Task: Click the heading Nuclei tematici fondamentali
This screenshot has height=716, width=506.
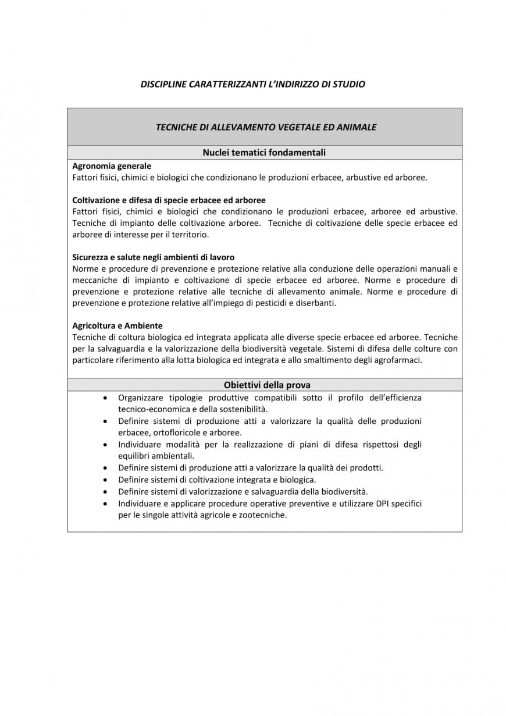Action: click(x=264, y=153)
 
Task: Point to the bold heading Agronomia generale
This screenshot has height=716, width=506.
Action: click(x=112, y=166)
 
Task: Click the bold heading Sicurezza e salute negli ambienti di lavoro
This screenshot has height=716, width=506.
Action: click(x=154, y=257)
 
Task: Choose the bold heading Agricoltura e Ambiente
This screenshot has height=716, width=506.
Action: click(x=117, y=325)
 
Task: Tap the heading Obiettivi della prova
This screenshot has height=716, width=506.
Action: click(x=267, y=385)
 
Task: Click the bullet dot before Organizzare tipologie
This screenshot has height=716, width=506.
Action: click(x=105, y=398)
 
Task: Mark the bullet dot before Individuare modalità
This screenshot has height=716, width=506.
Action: click(x=105, y=444)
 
